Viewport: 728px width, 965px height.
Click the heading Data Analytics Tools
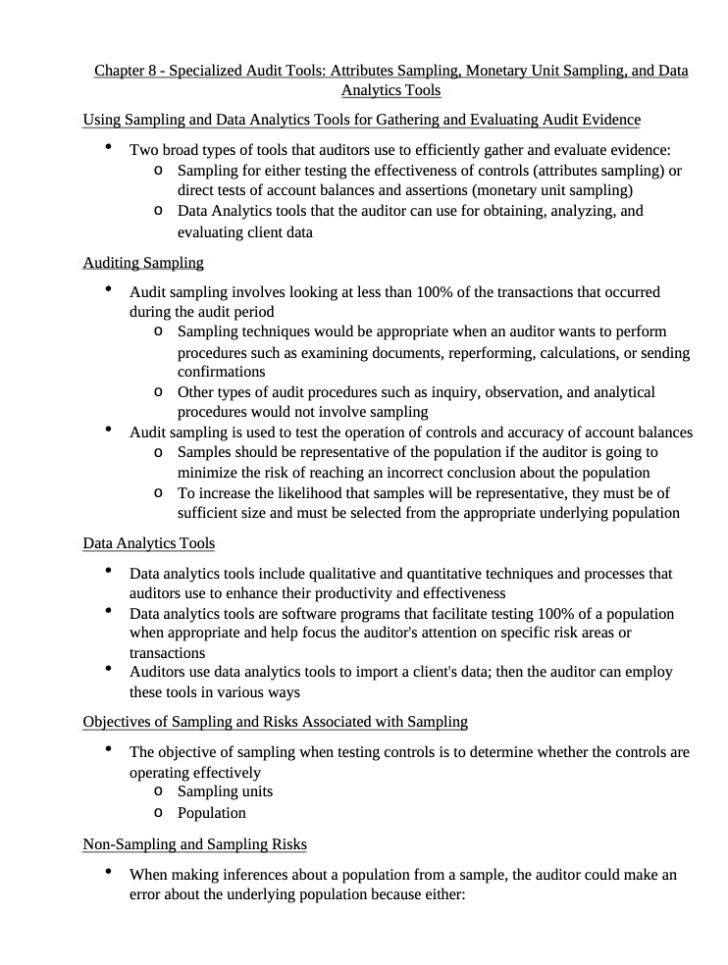click(x=149, y=542)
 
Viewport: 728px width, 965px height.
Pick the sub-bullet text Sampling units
click(x=225, y=791)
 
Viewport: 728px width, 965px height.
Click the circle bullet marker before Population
click(x=159, y=813)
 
